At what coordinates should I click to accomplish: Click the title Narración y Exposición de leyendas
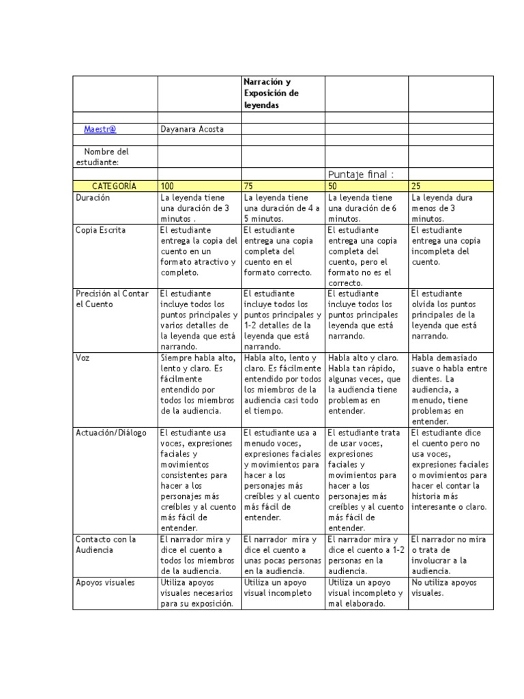click(271, 94)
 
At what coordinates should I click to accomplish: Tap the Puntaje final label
click(361, 175)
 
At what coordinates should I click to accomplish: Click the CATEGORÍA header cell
click(115, 186)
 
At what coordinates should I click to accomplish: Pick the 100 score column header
click(167, 186)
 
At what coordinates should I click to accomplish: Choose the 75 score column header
click(249, 186)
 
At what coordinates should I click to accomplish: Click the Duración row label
click(94, 197)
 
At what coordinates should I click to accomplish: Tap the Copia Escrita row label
click(100, 230)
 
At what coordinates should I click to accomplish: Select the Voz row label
click(83, 358)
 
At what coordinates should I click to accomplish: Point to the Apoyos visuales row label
click(105, 582)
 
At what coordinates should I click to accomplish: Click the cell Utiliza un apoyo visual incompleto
click(277, 588)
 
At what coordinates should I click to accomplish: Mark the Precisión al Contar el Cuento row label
click(111, 298)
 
